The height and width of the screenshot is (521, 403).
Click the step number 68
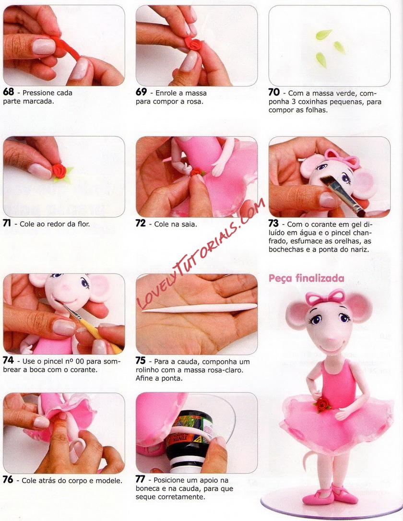(9, 92)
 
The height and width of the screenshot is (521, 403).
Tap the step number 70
(274, 92)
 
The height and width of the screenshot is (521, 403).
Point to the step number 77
(141, 479)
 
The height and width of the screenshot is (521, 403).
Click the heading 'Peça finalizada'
(306, 278)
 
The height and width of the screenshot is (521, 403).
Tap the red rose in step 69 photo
(193, 45)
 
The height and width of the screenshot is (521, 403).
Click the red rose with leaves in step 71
(61, 172)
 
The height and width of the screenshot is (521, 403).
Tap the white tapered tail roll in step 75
(200, 308)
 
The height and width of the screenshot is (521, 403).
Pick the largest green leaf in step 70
(323, 34)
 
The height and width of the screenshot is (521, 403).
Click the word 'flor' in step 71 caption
(83, 224)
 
